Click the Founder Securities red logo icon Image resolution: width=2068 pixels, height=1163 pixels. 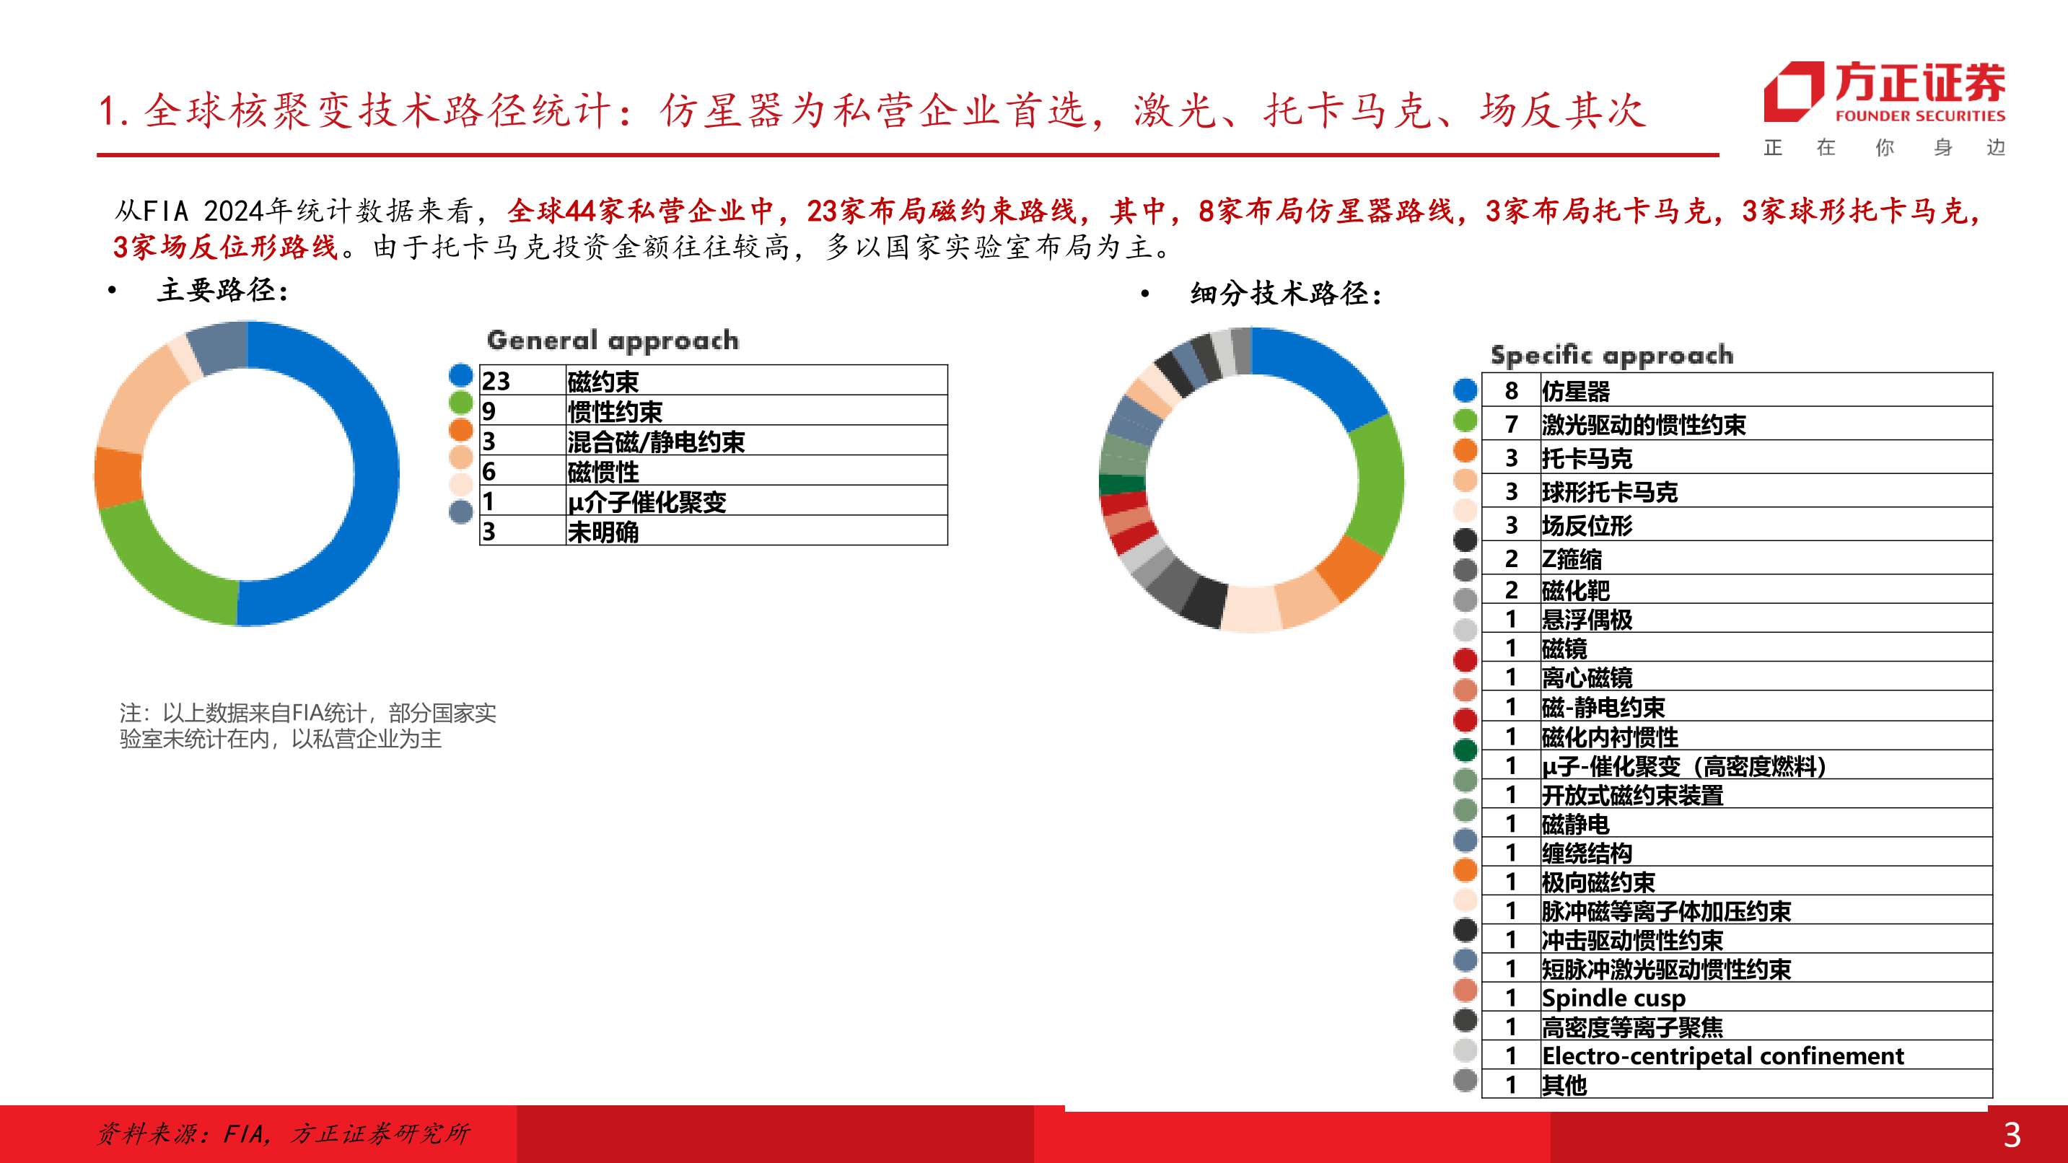(1792, 92)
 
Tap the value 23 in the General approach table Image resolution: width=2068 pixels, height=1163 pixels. (496, 380)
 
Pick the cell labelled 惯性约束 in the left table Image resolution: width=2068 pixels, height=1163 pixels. (615, 411)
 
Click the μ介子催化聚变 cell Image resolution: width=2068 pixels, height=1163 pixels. (647, 501)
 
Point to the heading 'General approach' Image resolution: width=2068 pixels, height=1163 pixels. (613, 341)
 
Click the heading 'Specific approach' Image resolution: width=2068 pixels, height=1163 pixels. (1612, 355)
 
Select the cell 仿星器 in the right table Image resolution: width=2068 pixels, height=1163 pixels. (1576, 391)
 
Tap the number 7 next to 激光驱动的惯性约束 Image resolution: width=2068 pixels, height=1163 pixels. (1512, 423)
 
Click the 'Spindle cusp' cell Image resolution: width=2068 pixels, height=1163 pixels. (1613, 998)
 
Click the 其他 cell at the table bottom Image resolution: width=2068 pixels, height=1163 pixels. (1564, 1084)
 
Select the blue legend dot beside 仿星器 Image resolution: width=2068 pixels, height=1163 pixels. (1465, 390)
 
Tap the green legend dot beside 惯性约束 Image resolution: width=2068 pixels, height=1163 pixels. (461, 402)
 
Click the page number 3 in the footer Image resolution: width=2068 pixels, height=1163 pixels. (2012, 1135)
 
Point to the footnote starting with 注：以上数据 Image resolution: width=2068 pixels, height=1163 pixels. (307, 726)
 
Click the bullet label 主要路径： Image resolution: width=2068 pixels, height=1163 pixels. (222, 290)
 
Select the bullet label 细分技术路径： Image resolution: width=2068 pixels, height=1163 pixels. (1286, 294)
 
